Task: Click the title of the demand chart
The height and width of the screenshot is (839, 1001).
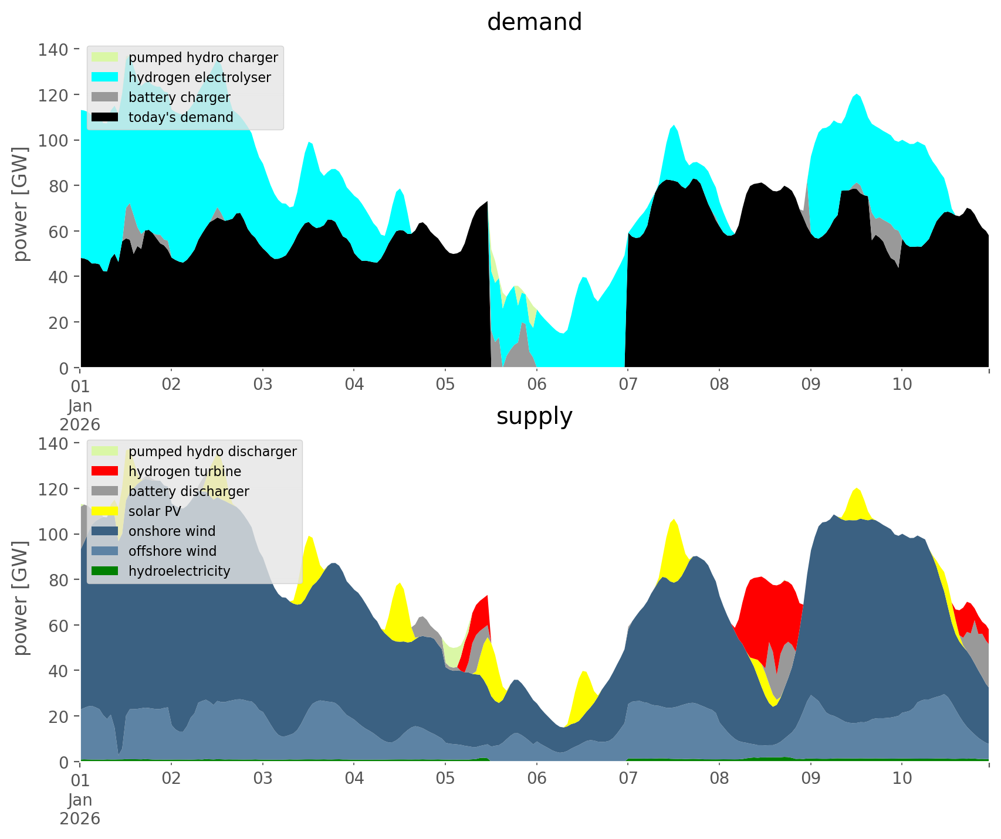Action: [534, 22]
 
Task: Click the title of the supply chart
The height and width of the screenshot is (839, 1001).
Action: [534, 416]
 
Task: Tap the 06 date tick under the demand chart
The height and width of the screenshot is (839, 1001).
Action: [536, 385]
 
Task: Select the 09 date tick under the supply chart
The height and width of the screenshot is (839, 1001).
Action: [810, 779]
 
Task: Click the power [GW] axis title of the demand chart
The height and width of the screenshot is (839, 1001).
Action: [21, 204]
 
